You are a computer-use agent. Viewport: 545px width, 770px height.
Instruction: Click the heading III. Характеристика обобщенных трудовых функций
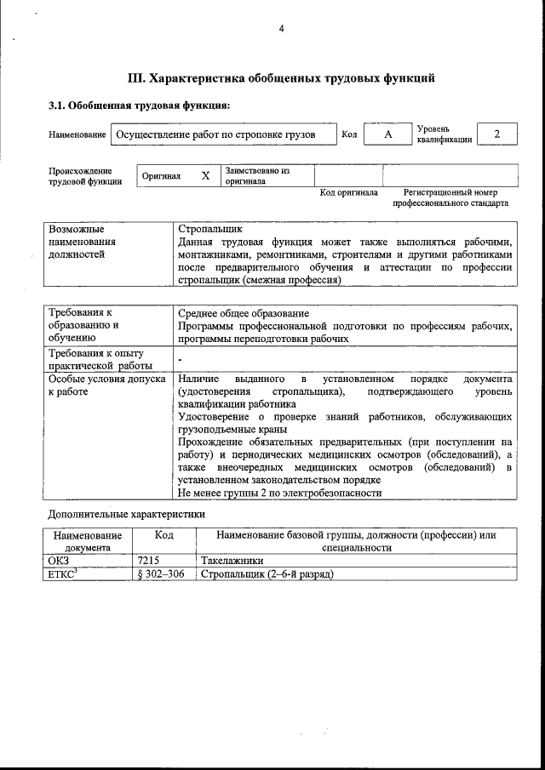click(281, 78)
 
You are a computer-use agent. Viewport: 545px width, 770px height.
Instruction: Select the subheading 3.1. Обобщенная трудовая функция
click(139, 106)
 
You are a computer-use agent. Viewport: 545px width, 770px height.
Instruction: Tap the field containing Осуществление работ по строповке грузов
click(215, 135)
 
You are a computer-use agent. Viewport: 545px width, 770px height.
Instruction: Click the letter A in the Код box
click(387, 134)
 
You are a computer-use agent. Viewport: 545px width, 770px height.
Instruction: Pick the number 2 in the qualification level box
click(497, 134)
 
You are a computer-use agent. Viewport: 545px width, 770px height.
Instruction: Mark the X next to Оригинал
click(204, 176)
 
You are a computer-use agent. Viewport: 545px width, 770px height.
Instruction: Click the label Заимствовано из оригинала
click(257, 176)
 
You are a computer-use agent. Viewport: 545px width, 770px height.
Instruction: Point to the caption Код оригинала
click(348, 193)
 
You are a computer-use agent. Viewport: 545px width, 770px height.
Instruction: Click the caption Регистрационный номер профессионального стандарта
click(450, 198)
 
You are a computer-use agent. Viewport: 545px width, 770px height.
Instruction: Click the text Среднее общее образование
click(244, 313)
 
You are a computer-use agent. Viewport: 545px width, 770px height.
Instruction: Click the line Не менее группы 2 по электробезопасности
click(279, 493)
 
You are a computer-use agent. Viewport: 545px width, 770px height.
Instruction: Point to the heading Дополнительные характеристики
click(126, 515)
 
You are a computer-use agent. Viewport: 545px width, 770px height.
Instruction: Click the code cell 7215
click(148, 562)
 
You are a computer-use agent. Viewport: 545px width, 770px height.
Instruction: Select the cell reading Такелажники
click(232, 562)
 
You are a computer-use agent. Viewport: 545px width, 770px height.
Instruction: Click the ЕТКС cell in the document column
click(65, 574)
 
